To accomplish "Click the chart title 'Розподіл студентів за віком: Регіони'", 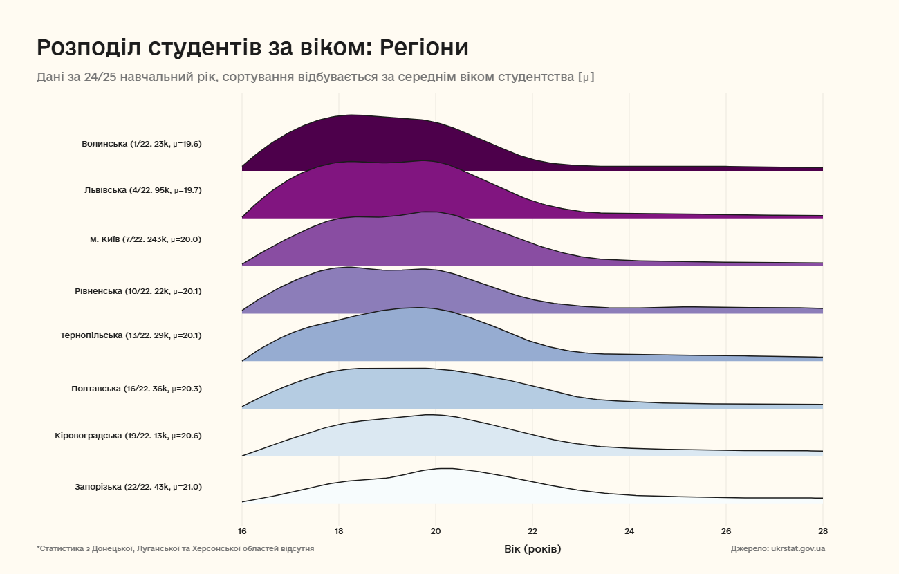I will [252, 48].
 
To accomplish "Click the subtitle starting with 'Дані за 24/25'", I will [315, 77].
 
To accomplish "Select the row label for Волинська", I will [141, 145].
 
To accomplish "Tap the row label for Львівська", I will [142, 190].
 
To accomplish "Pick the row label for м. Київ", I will [145, 239].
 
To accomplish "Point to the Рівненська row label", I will [138, 291].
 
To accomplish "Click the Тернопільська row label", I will [131, 336].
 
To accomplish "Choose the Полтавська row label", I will [136, 389].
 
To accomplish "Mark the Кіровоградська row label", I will [128, 436].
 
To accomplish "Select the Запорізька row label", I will [138, 487].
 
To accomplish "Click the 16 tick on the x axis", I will [242, 532].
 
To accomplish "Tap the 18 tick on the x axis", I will [339, 532].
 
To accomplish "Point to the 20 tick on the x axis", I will [436, 532].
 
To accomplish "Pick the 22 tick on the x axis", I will [532, 532].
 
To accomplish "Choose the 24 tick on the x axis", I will [629, 532].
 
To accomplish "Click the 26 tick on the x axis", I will [726, 532].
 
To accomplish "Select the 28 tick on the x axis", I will [822, 532].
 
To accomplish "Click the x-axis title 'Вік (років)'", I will [532, 549].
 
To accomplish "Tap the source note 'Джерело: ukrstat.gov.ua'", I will [777, 548].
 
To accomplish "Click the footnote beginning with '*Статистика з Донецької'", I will [176, 548].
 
